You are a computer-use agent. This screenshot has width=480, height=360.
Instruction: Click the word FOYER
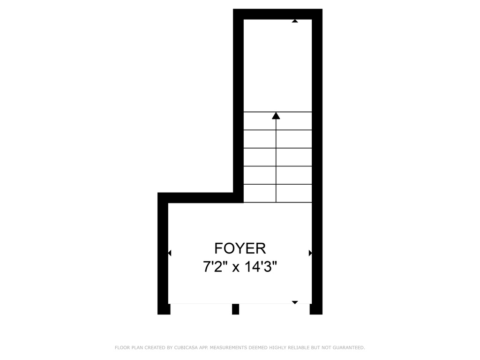pos(240,248)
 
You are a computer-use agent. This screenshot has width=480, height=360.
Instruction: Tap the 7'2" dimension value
pos(215,267)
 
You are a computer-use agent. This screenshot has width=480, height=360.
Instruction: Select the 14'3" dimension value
pos(261,267)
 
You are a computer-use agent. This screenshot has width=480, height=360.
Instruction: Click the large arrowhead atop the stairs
pos(276,116)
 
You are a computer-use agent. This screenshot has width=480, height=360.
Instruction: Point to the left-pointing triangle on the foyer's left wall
pos(170,253)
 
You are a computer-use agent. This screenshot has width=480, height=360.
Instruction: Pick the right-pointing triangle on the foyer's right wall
pos(310,253)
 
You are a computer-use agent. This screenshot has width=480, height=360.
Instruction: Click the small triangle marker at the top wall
pos(295,21)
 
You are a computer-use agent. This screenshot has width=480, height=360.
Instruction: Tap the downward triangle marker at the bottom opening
pos(295,302)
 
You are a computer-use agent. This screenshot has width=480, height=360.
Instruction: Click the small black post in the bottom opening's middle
pos(235,309)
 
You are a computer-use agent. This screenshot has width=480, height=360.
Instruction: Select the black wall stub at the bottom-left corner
pos(164,309)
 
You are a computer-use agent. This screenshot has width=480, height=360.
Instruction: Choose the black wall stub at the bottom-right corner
pos(316,309)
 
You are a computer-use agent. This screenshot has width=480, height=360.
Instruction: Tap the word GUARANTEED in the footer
pos(349,348)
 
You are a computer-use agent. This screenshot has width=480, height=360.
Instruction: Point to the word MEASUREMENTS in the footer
pos(228,348)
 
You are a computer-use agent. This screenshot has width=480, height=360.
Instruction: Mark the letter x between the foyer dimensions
pos(235,268)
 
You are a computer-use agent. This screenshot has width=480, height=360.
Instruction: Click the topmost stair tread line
pos(277,112)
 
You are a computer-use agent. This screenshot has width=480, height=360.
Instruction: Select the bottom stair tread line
pos(277,202)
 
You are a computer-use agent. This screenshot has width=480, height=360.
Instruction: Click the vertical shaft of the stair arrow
pos(276,161)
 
